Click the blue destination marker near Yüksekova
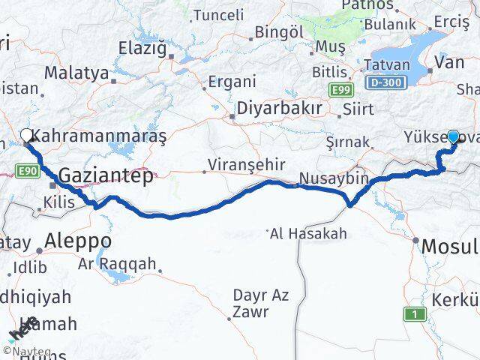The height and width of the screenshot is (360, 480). pos(453,136)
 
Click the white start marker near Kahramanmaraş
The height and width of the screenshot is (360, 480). pos(27,136)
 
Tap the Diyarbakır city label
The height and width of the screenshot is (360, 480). pos(279,109)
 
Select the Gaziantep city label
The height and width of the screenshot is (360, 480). pos(106,175)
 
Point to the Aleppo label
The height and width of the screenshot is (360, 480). pos(78,241)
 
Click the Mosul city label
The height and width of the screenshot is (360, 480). pos(449,245)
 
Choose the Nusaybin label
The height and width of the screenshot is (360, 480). pos(334,178)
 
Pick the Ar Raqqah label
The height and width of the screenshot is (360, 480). pos(117,263)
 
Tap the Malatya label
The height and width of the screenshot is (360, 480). pos(76,72)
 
